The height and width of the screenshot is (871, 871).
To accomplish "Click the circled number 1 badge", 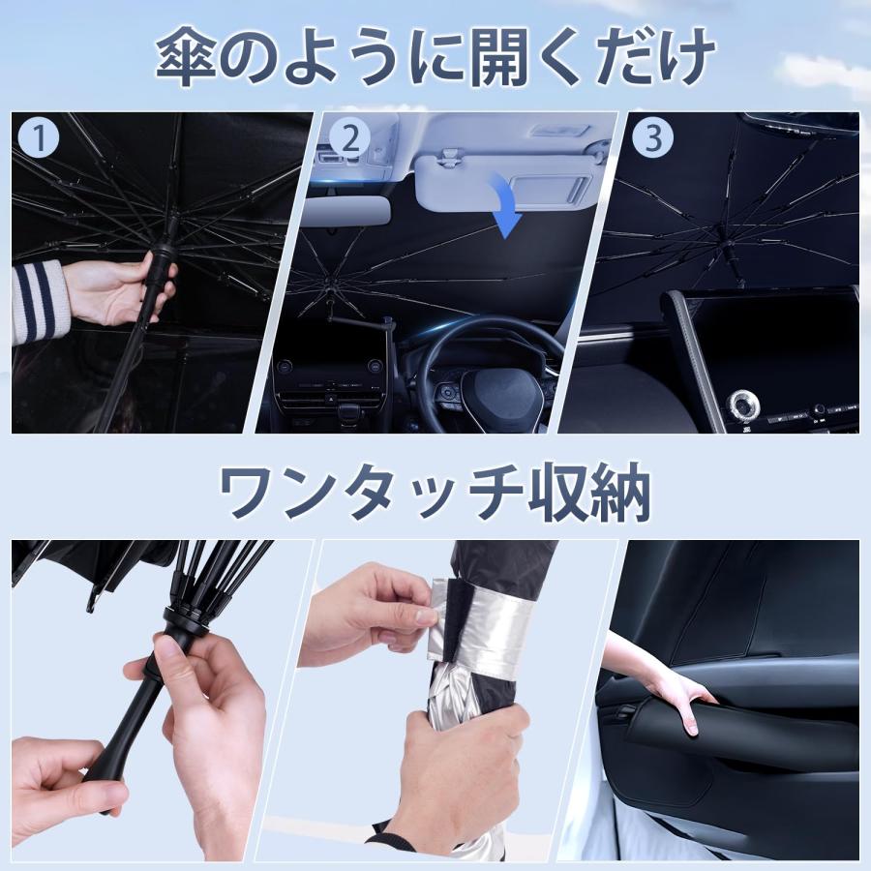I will point(40,138).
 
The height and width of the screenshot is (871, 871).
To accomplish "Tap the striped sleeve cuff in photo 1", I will point(37,300).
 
